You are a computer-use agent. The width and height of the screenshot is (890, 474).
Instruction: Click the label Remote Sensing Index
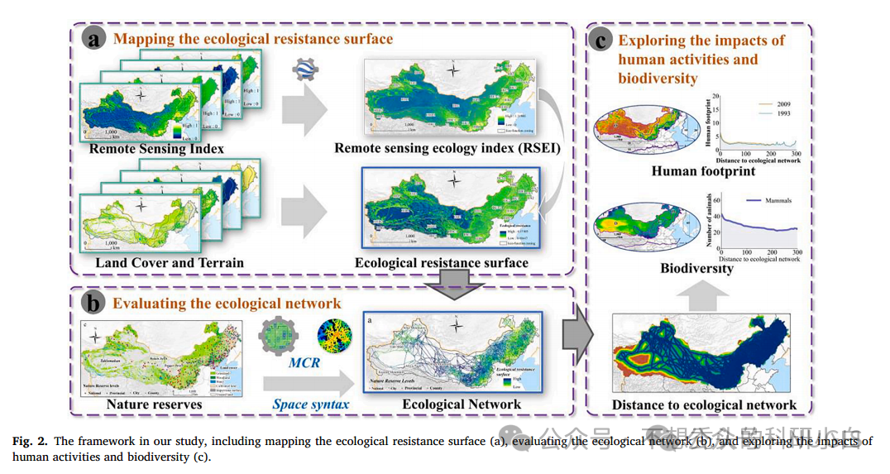point(157,149)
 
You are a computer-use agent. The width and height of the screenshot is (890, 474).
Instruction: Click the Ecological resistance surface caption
point(441,263)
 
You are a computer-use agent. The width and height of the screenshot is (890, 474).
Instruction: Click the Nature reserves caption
point(154,405)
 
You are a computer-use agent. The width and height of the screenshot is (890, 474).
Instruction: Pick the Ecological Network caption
point(462,405)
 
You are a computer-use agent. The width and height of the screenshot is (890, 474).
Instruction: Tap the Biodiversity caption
point(697,268)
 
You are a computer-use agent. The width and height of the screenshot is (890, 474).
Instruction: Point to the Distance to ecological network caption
point(704,405)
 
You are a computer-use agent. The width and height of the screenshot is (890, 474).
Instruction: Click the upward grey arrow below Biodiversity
point(696,293)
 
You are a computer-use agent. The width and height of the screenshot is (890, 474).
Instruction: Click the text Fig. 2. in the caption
point(28,441)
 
